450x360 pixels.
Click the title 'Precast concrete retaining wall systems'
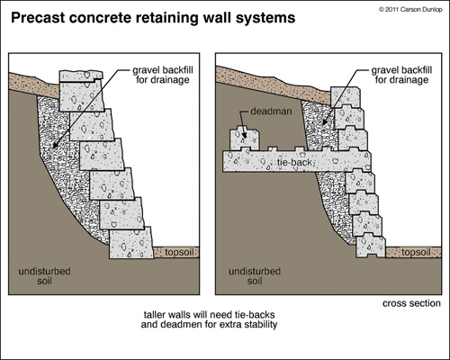[x=153, y=18]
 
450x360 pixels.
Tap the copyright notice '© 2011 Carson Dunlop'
[x=410, y=10]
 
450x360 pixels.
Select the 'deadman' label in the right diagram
[x=271, y=112]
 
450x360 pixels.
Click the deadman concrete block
[x=244, y=139]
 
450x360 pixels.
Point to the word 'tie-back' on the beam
[x=294, y=162]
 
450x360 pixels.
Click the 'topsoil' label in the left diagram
[x=179, y=252]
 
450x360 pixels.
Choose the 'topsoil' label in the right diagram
[x=416, y=252]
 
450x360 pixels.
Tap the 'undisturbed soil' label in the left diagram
[x=44, y=276]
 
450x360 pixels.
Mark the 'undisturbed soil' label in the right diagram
[x=255, y=276]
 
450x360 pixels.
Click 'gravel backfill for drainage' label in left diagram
[x=163, y=75]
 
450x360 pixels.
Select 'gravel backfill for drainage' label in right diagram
[x=401, y=75]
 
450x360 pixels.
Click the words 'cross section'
[x=411, y=303]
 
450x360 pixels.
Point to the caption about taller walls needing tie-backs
[x=209, y=319]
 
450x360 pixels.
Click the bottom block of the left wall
[x=131, y=243]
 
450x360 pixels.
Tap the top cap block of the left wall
[x=81, y=76]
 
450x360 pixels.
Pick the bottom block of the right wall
[x=371, y=247]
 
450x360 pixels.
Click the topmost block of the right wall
[x=346, y=96]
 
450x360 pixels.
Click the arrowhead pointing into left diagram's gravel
[x=55, y=145]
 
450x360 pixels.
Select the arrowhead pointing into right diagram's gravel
[x=325, y=122]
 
